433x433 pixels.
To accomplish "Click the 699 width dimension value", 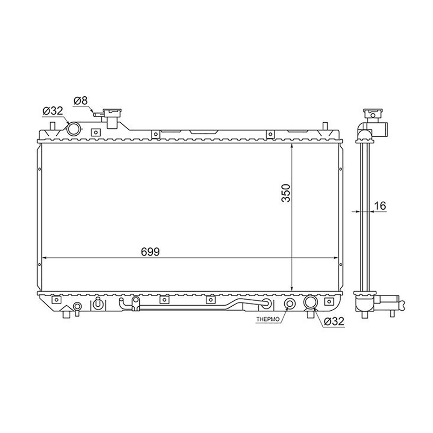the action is click(150, 252).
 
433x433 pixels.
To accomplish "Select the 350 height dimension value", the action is click(286, 193).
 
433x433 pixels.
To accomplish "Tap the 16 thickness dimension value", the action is click(380, 206).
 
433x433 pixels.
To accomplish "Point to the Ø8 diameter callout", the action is click(80, 101).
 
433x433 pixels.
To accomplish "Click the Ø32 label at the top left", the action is click(53, 111).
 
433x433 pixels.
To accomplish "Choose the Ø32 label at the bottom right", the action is click(334, 322).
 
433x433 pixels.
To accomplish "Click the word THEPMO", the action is click(268, 319).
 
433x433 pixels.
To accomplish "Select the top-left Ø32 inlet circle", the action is click(73, 129).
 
